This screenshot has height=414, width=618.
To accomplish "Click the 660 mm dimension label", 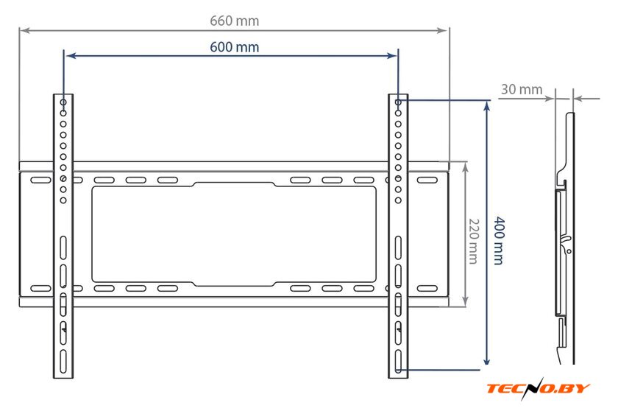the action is pos(234,21).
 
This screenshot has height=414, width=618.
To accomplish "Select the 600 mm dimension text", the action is pos(234,47).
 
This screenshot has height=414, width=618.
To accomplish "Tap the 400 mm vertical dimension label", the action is pos(499,240).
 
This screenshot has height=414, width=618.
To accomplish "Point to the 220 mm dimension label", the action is pos(473,241).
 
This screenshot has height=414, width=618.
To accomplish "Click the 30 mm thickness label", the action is pos(522,89).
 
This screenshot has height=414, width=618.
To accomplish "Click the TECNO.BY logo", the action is pos(538,389).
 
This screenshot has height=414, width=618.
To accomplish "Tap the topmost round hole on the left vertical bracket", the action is pos(63,102).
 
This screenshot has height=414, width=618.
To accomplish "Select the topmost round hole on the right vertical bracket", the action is pos(398,102).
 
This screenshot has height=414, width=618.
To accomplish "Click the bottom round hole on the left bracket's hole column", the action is pos(63,200).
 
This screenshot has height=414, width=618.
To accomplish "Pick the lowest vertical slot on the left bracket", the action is pos(63,362).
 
